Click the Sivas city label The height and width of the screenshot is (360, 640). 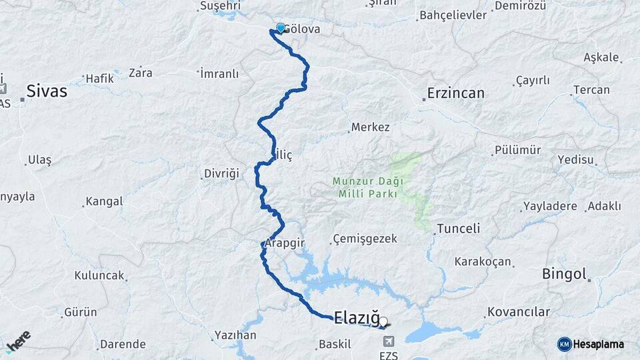47,91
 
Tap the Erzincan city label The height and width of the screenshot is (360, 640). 457,93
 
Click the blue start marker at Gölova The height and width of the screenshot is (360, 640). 281,28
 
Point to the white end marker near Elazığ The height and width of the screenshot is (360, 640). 383,321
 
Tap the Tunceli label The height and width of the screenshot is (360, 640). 458,229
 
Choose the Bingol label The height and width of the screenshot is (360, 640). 564,273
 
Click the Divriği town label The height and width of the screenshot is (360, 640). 221,174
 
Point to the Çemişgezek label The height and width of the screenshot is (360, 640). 365,239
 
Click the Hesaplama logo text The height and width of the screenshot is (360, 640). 599,344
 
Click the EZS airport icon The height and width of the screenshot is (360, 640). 387,341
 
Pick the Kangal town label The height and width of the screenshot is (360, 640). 105,201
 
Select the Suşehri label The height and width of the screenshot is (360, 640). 219,7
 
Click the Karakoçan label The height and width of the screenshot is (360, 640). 483,261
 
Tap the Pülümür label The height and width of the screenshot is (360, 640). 517,150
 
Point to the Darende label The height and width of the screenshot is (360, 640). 123,345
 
